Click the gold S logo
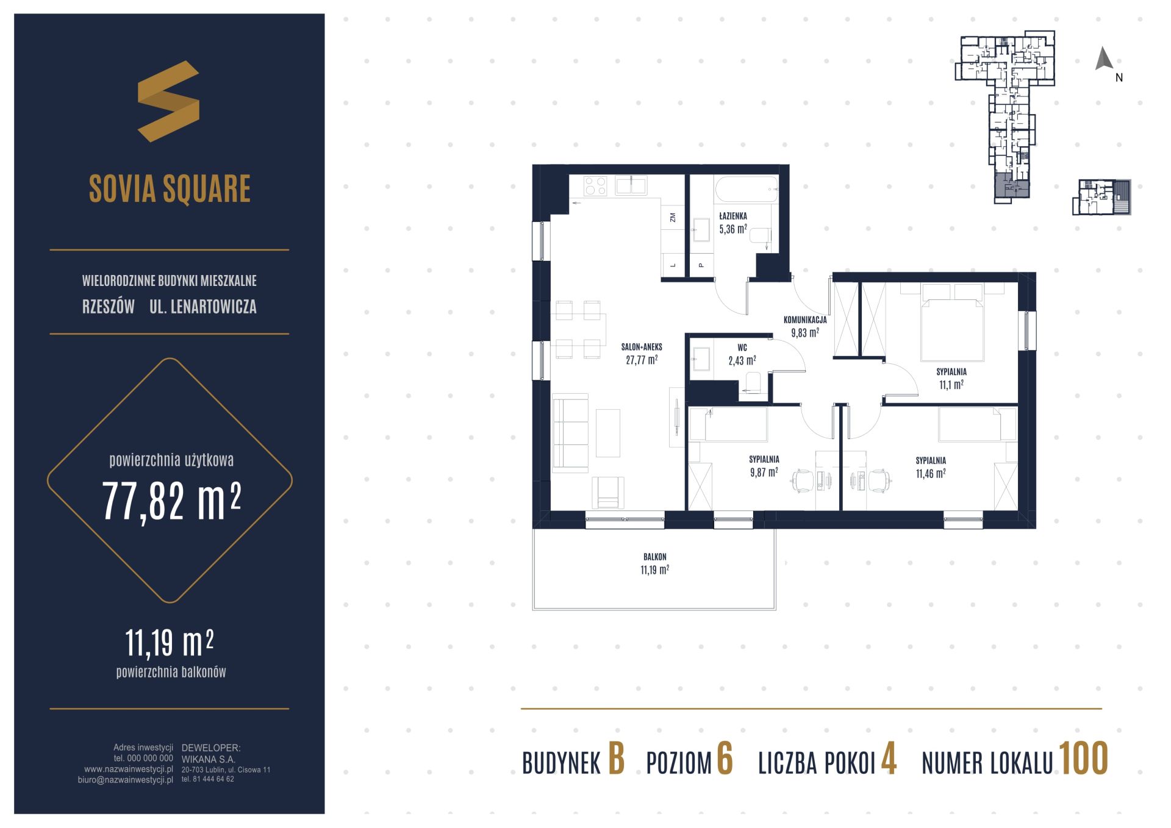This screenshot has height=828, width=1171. click(x=168, y=101)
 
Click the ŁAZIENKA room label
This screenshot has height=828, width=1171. click(x=732, y=216)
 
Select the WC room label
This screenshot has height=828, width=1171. click(x=742, y=348)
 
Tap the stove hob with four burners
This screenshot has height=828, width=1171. click(x=595, y=186)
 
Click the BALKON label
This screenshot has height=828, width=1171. click(x=654, y=557)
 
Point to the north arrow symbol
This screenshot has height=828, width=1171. click(x=1104, y=59)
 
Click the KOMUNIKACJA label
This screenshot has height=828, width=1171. click(x=805, y=319)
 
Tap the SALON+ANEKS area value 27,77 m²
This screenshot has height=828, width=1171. click(x=642, y=360)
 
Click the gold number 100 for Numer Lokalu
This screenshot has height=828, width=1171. click(x=1083, y=759)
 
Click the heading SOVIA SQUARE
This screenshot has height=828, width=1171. click(x=170, y=188)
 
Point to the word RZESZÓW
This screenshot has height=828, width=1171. click(x=109, y=307)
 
